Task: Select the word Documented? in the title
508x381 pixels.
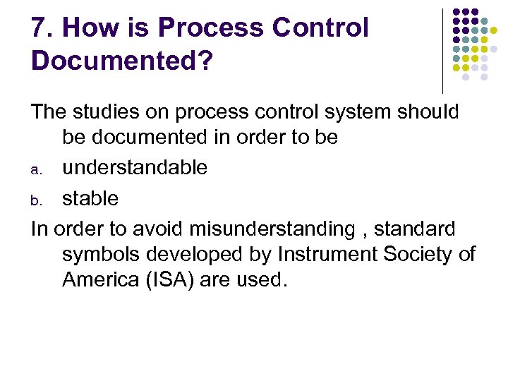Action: click(121, 61)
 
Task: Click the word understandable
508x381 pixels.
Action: click(135, 168)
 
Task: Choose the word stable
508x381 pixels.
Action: click(90, 199)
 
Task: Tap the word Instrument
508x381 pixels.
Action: click(332, 254)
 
